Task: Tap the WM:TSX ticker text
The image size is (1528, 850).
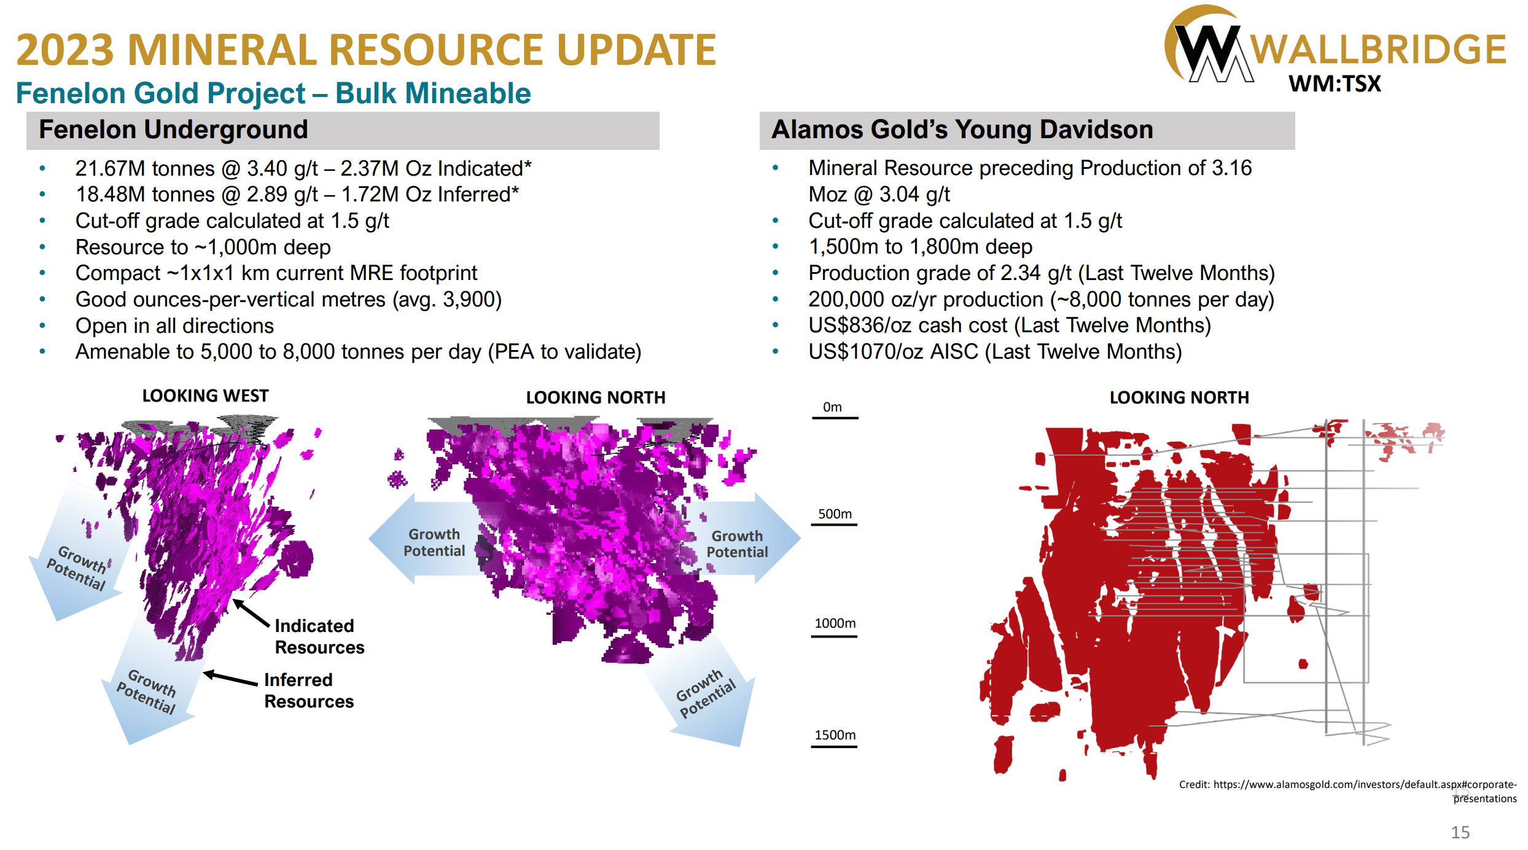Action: [1335, 84]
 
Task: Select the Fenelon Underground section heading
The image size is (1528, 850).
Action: [173, 130]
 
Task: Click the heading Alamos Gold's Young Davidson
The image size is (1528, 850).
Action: [962, 130]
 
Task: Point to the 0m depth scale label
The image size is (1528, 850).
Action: [832, 407]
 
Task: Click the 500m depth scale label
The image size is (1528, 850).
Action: [835, 514]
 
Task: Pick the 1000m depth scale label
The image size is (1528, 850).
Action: [835, 623]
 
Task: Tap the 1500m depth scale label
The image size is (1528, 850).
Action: [835, 735]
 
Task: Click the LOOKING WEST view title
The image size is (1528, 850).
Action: [205, 396]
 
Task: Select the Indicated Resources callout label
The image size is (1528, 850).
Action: [319, 636]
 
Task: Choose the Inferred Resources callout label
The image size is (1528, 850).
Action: [308, 690]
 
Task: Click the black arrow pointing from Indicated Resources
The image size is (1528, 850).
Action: [251, 613]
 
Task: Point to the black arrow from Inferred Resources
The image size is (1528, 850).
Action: [230, 679]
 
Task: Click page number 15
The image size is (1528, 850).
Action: [1460, 832]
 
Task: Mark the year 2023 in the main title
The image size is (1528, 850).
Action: [65, 50]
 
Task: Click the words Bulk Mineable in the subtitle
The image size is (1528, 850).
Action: [433, 93]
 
